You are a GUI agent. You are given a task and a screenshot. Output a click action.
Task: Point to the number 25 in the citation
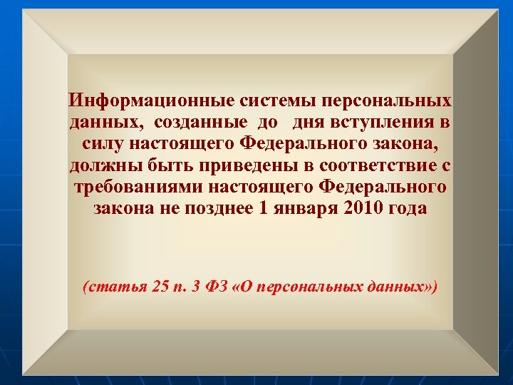[160, 287]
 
